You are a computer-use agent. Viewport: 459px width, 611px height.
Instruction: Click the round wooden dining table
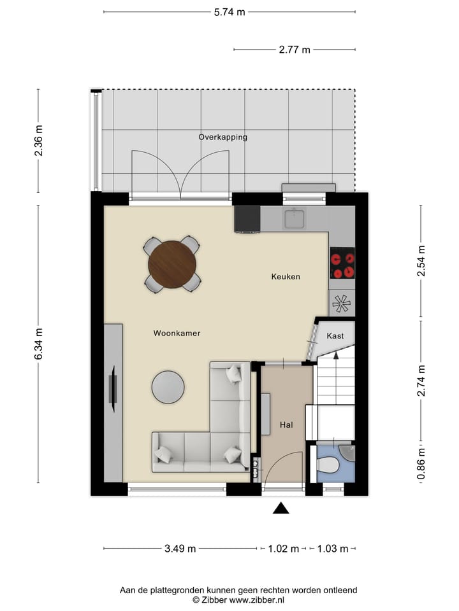click(x=173, y=264)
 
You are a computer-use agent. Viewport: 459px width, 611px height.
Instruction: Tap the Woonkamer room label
click(x=177, y=333)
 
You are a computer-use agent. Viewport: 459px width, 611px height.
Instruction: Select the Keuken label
click(x=285, y=277)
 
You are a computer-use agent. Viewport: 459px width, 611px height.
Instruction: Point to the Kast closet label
click(x=335, y=335)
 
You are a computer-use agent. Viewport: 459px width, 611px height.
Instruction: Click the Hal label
click(x=286, y=425)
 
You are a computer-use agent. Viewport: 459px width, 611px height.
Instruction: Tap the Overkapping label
click(x=222, y=137)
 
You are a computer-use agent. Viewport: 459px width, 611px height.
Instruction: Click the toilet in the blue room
click(x=328, y=466)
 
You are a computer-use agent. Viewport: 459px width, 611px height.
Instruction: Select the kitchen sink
click(x=295, y=219)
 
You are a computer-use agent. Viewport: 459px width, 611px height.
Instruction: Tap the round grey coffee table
click(x=168, y=387)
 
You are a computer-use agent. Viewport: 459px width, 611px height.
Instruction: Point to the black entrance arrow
click(x=280, y=508)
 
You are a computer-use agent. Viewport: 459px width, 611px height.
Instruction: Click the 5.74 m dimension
click(x=230, y=11)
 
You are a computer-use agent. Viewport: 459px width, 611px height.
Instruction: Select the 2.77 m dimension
click(x=295, y=50)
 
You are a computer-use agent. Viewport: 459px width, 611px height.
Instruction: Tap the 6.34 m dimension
click(x=38, y=344)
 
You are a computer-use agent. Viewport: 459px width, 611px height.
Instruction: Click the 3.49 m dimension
click(x=180, y=549)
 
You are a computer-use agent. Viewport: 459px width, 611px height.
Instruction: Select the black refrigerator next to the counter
click(x=247, y=220)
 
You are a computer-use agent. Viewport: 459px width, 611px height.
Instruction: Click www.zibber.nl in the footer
click(x=257, y=600)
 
